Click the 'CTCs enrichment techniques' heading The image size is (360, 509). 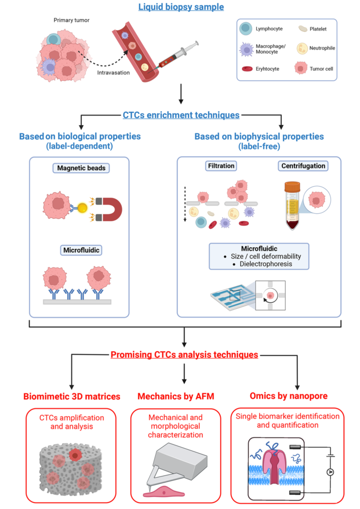coord(181,115)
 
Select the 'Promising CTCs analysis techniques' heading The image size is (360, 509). coord(184,355)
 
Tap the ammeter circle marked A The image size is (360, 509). coord(330,471)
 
